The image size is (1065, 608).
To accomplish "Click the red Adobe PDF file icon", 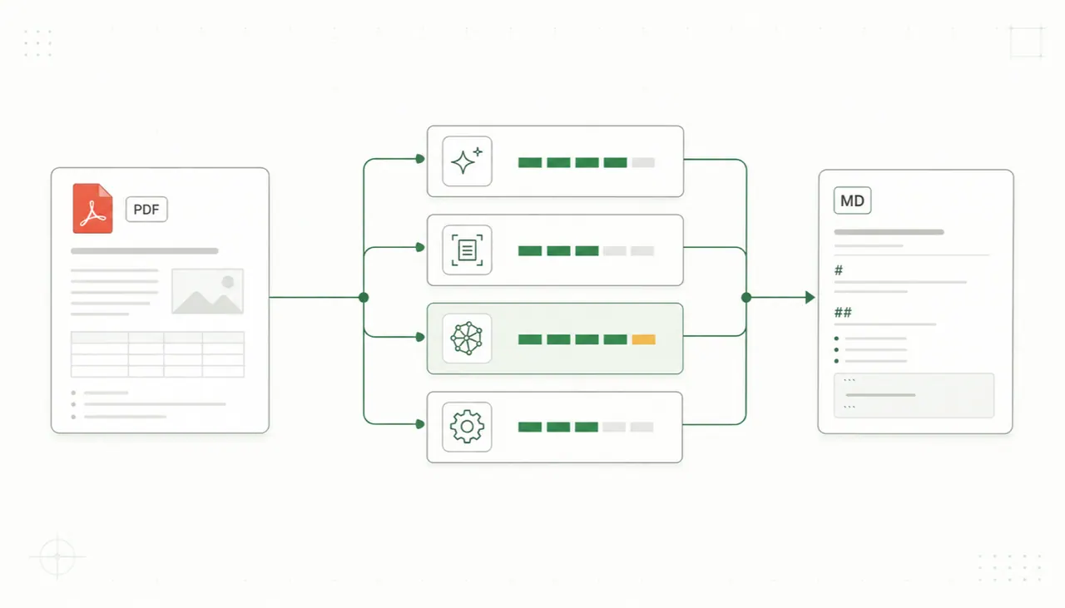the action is tap(92, 208).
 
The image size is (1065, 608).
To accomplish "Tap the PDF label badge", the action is tap(146, 209).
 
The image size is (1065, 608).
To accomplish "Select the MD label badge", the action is tap(852, 200).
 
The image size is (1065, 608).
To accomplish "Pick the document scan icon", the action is tap(467, 250).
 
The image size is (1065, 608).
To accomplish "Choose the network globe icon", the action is tap(467, 339).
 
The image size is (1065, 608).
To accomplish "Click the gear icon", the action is tap(467, 427).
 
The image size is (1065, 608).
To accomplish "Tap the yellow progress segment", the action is tap(644, 339).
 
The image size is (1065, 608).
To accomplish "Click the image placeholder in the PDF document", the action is tap(207, 291).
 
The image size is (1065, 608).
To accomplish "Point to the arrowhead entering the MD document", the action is tap(810, 298).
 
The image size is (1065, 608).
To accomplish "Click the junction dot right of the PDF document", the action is tap(364, 298).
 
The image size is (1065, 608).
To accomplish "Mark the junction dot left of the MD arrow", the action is tap(746, 298).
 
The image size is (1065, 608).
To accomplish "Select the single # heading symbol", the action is tap(839, 270).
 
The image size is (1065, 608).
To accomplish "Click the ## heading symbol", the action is tap(843, 313).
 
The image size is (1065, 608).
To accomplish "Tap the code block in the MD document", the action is tap(914, 396).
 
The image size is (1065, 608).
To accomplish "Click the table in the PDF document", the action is tap(157, 354).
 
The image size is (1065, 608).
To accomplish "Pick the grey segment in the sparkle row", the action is tap(643, 162).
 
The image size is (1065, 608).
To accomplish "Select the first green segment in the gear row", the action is tap(530, 427).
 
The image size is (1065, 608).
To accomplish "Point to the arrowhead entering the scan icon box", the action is tap(420, 247).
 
